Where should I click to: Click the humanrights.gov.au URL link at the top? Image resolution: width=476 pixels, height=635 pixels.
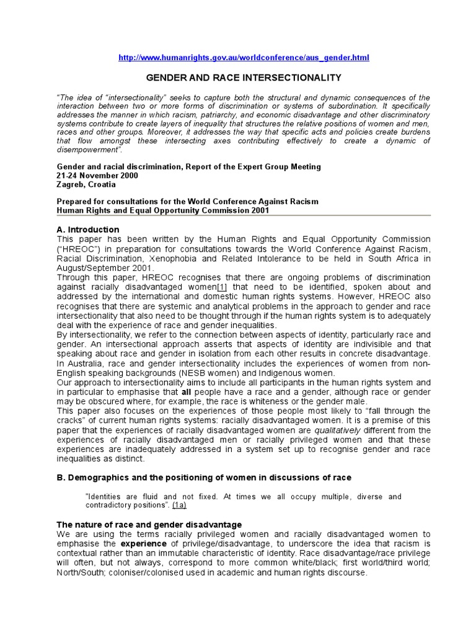pyautogui.click(x=244, y=58)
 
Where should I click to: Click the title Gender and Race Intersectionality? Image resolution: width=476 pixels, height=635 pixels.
pyautogui.click(x=243, y=78)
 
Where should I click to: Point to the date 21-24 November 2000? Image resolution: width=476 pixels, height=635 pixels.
pyautogui.click(x=97, y=175)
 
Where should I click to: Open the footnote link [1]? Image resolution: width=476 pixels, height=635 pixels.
pyautogui.click(x=221, y=288)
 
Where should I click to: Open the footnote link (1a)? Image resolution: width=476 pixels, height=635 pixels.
pyautogui.click(x=180, y=505)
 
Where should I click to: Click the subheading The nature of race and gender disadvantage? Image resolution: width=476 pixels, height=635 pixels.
pyautogui.click(x=149, y=525)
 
